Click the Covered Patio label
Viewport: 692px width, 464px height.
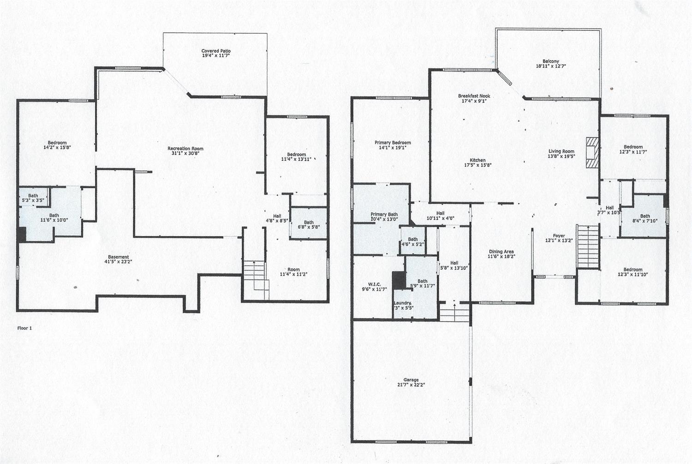coord(216,51)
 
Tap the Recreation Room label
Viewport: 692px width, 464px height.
coord(185,149)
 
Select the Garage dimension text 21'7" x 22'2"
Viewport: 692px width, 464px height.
coord(411,384)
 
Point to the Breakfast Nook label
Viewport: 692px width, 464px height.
coord(474,96)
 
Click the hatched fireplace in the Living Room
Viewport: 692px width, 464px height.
coord(591,151)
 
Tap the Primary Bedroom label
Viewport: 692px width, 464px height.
coord(392,143)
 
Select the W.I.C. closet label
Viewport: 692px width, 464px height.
coord(374,284)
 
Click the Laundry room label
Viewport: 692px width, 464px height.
coord(402,303)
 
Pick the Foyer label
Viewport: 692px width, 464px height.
coord(559,236)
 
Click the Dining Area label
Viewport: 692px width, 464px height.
coord(501,252)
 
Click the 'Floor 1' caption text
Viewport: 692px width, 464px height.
coord(25,328)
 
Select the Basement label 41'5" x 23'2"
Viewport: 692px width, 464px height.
coord(119,257)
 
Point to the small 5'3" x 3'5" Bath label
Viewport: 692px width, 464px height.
coord(33,196)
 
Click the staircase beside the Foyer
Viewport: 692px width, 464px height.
coord(587,246)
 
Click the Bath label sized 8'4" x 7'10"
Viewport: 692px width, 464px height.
coord(645,216)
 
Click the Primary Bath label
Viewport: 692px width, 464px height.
coord(384,214)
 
